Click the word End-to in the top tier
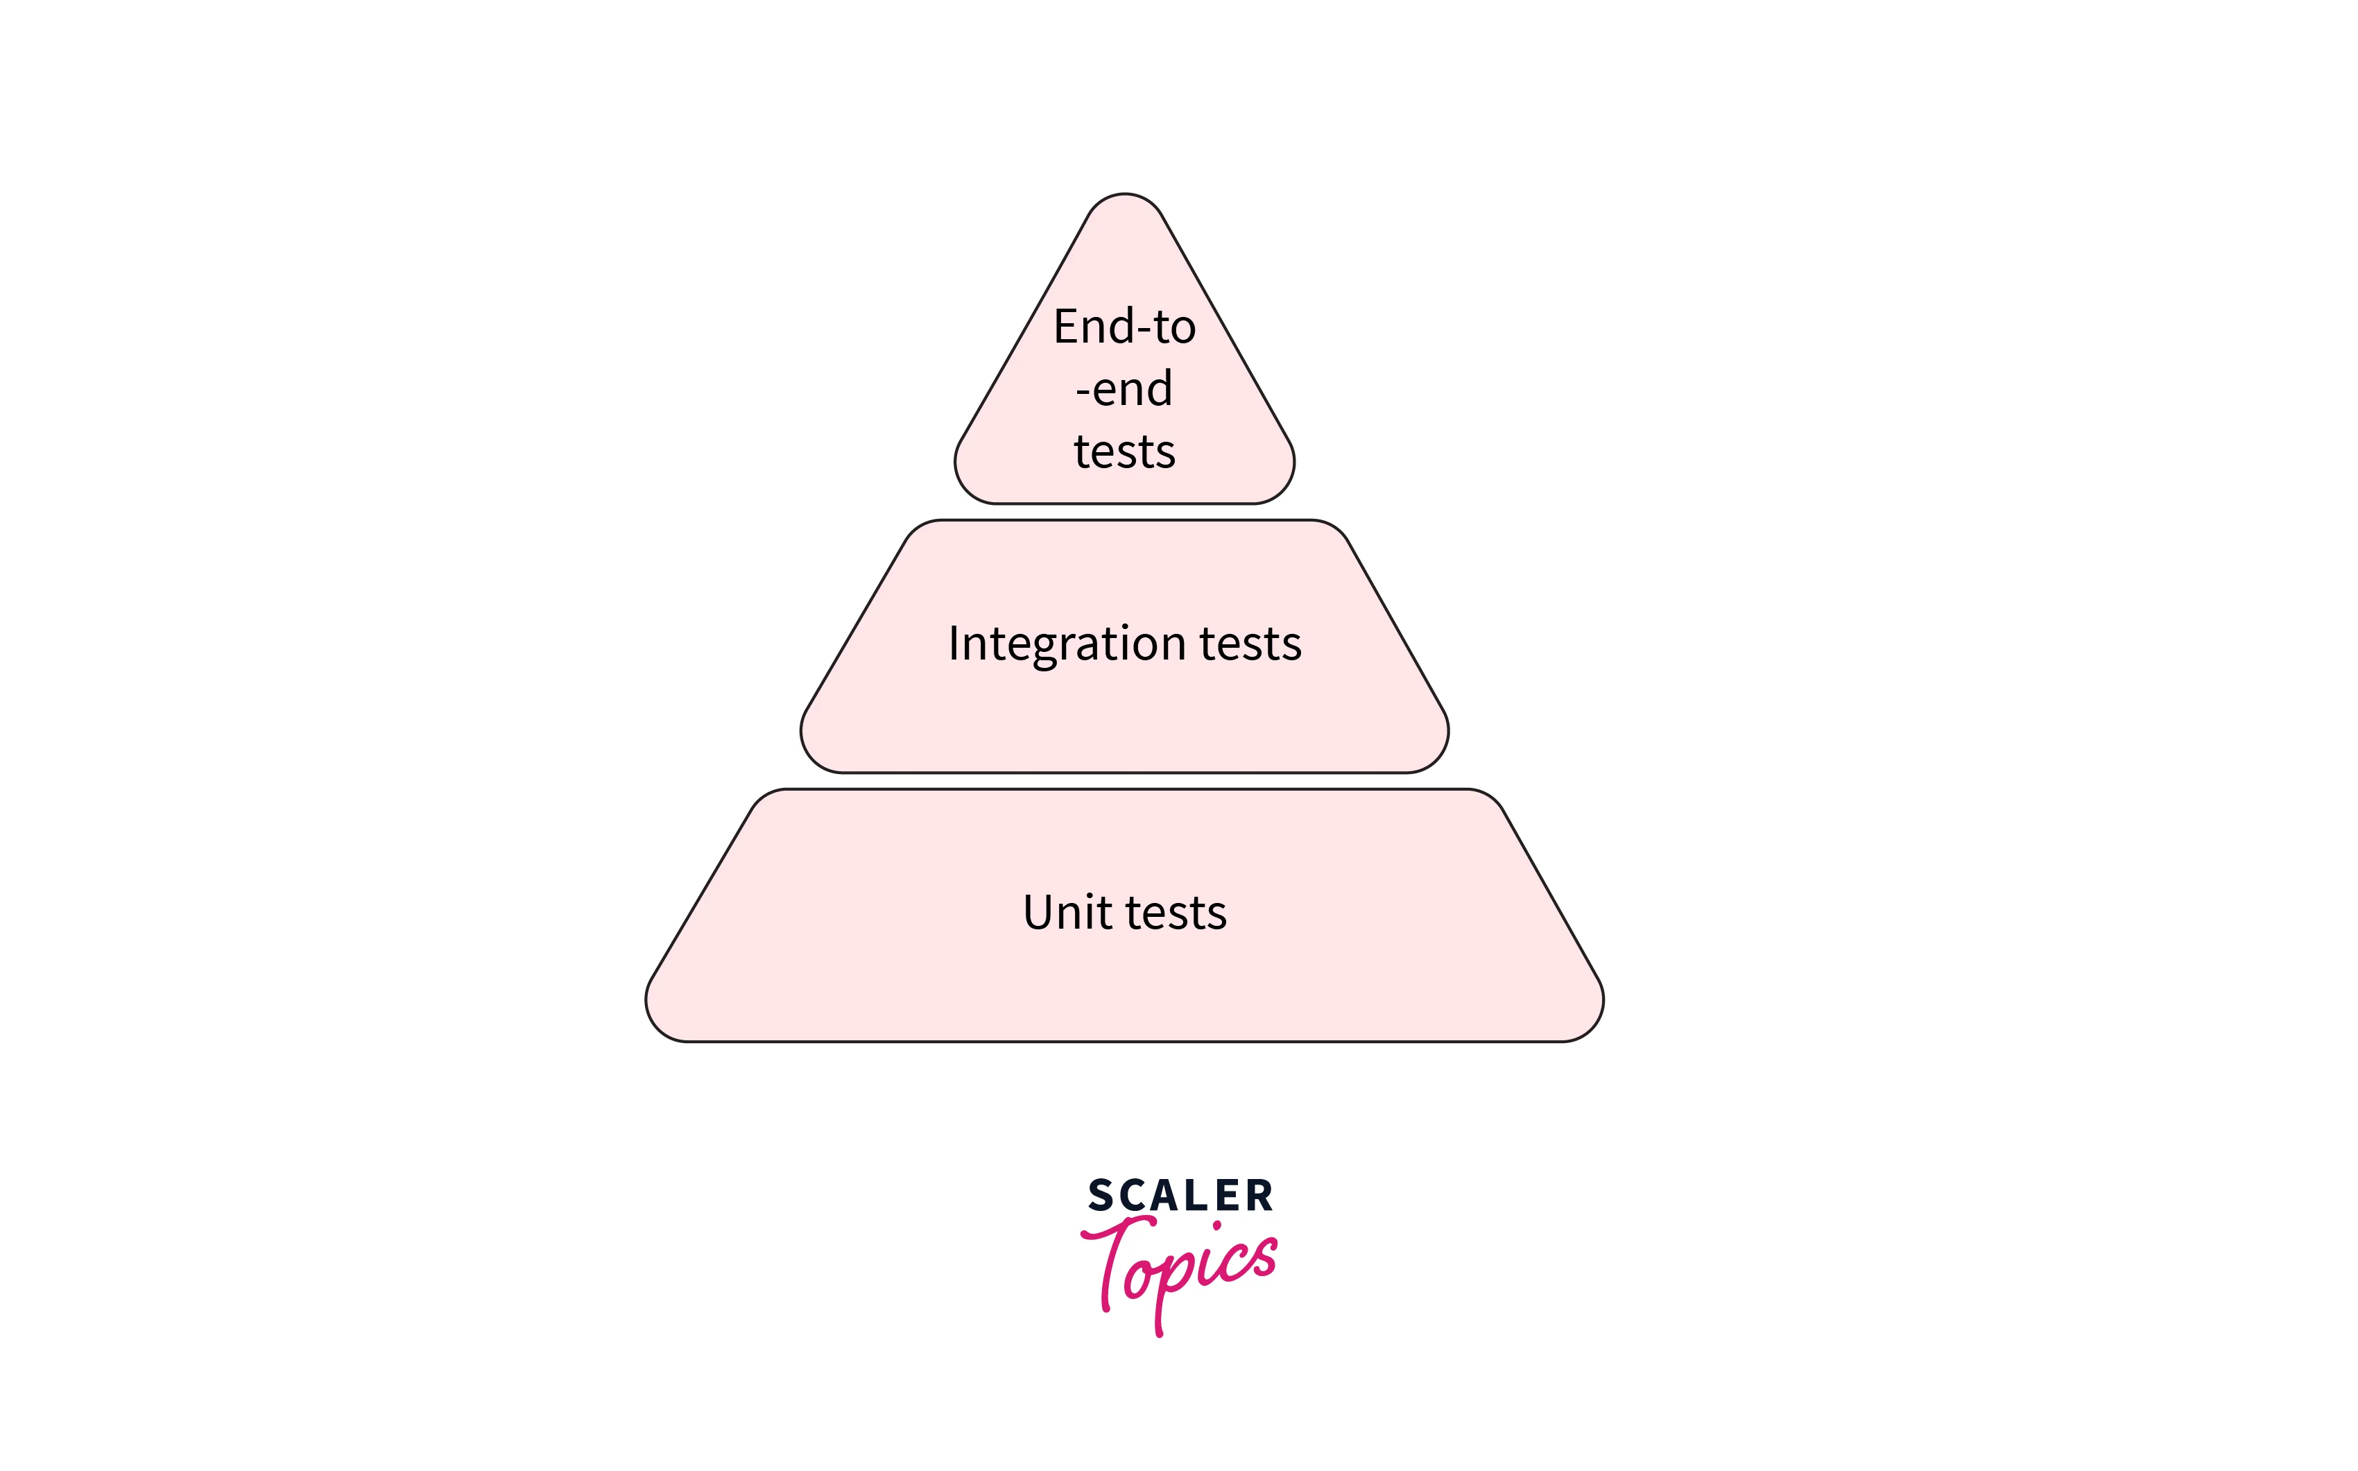[x=1124, y=327]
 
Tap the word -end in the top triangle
[x=1124, y=389]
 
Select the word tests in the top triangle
[x=1124, y=452]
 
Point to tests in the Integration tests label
[x=1251, y=644]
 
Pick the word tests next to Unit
[x=1176, y=913]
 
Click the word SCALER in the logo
[x=1180, y=1196]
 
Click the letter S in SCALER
[x=1101, y=1196]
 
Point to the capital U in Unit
[x=1038, y=913]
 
